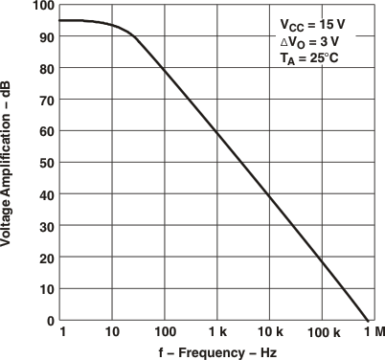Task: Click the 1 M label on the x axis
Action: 373,332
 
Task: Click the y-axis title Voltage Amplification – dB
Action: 9,163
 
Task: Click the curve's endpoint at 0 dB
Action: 368,321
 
